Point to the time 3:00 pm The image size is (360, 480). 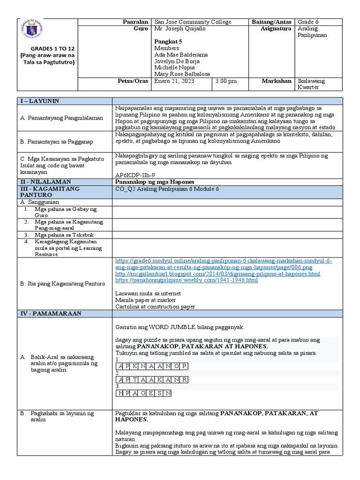226,81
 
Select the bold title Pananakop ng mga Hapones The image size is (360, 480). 154,181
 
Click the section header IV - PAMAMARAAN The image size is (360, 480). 51,313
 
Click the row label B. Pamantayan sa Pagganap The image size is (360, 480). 58,140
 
